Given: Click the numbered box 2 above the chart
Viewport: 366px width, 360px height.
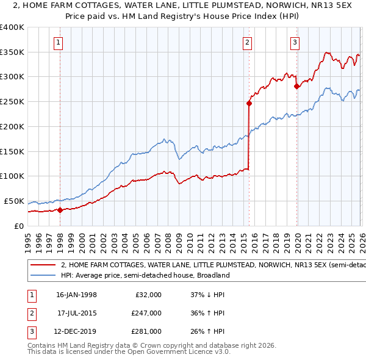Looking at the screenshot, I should (x=247, y=42).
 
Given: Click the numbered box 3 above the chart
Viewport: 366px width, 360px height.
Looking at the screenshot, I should (x=295, y=42).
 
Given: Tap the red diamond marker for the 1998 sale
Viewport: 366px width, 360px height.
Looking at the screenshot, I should (x=60, y=210).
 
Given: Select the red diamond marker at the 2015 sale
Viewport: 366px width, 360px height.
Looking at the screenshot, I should (x=249, y=103).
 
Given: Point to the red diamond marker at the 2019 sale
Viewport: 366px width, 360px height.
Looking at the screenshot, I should (x=296, y=86).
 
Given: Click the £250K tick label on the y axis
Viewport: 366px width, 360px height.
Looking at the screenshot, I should (x=12, y=102).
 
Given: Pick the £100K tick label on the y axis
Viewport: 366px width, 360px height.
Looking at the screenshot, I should (x=12, y=176).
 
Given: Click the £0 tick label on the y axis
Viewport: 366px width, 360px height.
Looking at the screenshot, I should (x=18, y=226).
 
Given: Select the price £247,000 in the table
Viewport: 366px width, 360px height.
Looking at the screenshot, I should (x=148, y=313).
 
